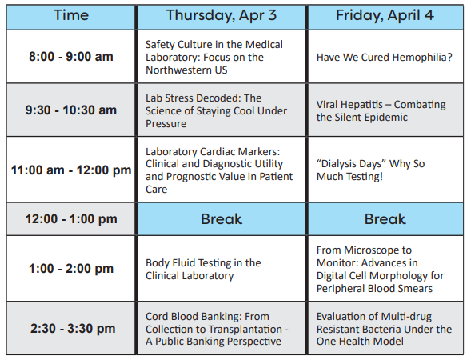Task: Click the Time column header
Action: (x=71, y=15)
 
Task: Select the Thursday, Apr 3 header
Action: (x=222, y=15)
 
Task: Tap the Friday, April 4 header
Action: (x=385, y=15)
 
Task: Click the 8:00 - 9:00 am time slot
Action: (x=71, y=57)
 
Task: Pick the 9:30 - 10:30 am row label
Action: (x=71, y=110)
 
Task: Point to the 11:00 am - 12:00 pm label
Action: (x=71, y=170)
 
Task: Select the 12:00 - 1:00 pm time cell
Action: (x=71, y=218)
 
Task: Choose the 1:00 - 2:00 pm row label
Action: (x=71, y=268)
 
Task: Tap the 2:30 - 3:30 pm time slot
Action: (x=73, y=328)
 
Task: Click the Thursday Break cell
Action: (x=222, y=219)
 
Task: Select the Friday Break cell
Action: (x=385, y=219)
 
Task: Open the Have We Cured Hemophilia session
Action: (x=384, y=57)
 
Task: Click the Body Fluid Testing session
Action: (x=203, y=270)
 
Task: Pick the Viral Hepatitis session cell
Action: (x=381, y=110)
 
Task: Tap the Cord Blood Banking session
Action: (x=217, y=329)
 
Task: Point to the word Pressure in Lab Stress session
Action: (x=166, y=123)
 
